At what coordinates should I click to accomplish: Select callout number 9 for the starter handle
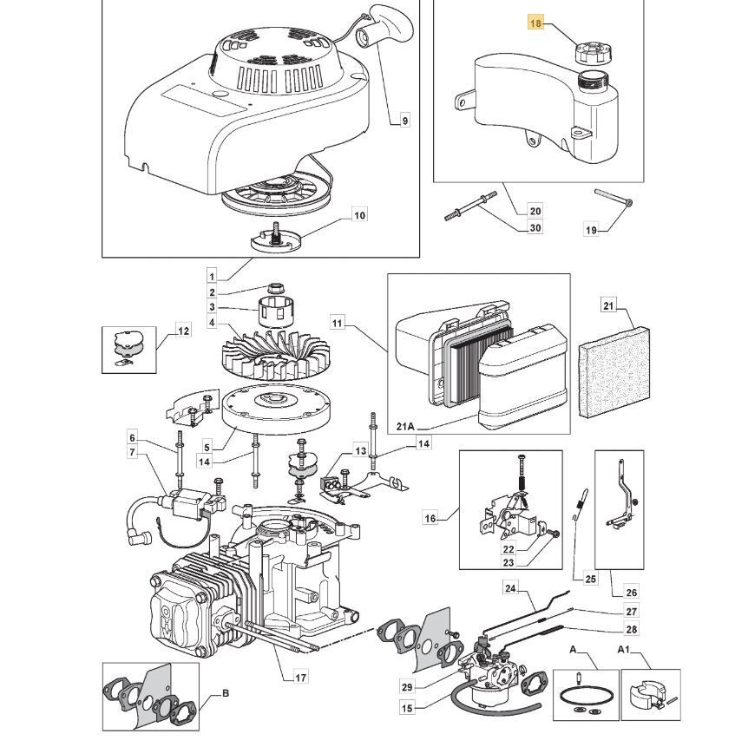[x=404, y=121]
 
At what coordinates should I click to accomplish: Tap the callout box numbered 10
[x=358, y=214]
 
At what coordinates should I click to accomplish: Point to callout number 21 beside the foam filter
[x=608, y=305]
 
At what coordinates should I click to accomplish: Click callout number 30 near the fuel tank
[x=535, y=228]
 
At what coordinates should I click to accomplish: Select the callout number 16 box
[x=430, y=518]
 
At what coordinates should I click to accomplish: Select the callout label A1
[x=624, y=650]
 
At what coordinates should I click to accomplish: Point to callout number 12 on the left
[x=183, y=331]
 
